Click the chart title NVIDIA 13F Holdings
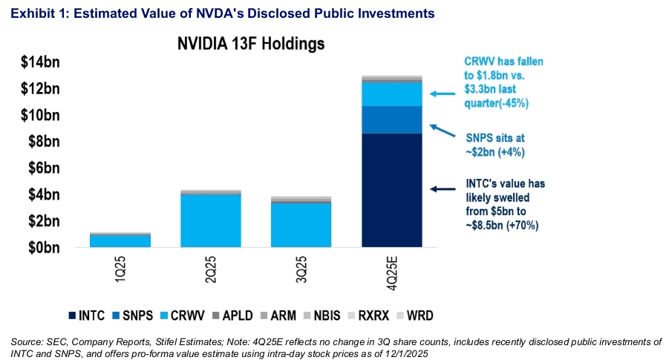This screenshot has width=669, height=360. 250,43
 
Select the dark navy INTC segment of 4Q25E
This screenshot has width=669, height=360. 392,190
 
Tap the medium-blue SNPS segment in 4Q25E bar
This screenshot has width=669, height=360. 392,120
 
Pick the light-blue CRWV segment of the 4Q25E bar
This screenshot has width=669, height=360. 392,94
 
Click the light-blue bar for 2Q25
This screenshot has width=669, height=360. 211,220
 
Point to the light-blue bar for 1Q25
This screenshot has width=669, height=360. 120,240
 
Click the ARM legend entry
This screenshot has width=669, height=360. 286,315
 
